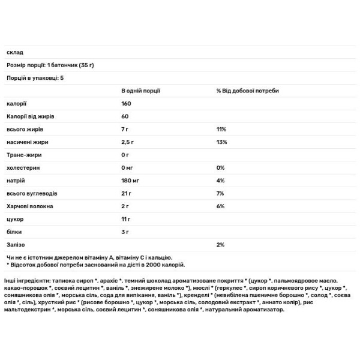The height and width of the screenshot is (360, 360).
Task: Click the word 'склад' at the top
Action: click(13, 53)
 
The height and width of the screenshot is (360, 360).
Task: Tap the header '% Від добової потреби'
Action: click(247, 91)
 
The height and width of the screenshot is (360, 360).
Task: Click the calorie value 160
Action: click(126, 104)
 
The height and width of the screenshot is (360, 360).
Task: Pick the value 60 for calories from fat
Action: click(124, 116)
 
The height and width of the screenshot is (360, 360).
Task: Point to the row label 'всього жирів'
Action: click(23, 129)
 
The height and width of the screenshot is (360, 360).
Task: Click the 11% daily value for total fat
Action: click(221, 129)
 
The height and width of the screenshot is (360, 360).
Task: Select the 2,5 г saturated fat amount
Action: click(127, 142)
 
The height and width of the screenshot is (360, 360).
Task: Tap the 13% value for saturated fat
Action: click(221, 142)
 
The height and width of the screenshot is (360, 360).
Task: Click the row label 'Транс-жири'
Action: click(22, 155)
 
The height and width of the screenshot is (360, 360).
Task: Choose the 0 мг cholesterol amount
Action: click(127, 167)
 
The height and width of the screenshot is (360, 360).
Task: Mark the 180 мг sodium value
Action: click(130, 181)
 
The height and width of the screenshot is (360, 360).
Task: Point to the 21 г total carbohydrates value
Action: click(126, 193)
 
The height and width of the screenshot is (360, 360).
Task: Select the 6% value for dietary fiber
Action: click(220, 206)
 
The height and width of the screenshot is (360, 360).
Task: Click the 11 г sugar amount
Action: click(125, 219)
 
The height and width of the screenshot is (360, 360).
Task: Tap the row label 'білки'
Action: click(14, 232)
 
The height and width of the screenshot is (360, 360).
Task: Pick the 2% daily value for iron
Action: click(220, 245)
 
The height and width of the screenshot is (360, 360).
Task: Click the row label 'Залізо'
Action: click(16, 245)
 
